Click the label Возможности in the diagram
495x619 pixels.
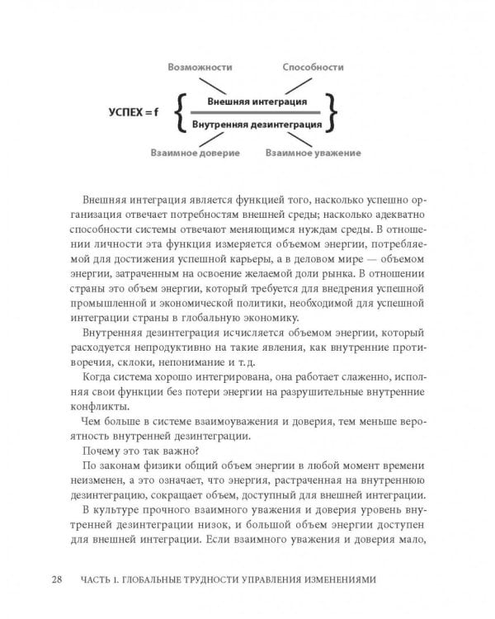pyautogui.click(x=199, y=67)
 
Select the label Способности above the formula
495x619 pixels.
pyautogui.click(x=313, y=67)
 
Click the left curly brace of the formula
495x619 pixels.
pyautogui.click(x=181, y=113)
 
